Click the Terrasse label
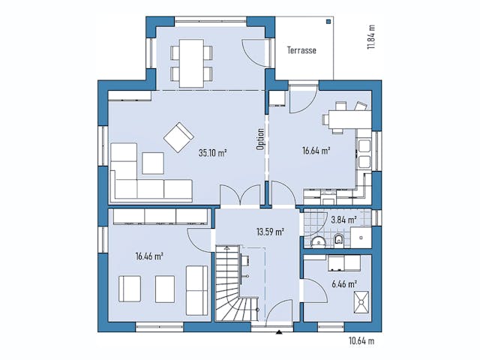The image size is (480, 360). pyautogui.click(x=301, y=51)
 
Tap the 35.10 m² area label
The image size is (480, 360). pyautogui.click(x=212, y=152)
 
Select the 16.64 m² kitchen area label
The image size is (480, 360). pyautogui.click(x=316, y=151)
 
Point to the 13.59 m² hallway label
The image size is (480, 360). pyautogui.click(x=269, y=232)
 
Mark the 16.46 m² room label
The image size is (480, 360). pyautogui.click(x=149, y=256)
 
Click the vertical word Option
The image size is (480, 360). pyautogui.click(x=260, y=139)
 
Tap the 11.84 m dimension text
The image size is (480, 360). pyautogui.click(x=370, y=36)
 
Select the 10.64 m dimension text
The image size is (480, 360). pyautogui.click(x=361, y=341)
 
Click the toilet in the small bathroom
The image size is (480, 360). pyautogui.click(x=339, y=239)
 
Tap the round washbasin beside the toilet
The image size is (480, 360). pyautogui.click(x=318, y=241)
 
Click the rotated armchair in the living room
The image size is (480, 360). pyautogui.click(x=179, y=136)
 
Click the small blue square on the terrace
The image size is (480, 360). pyautogui.click(x=328, y=22)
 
